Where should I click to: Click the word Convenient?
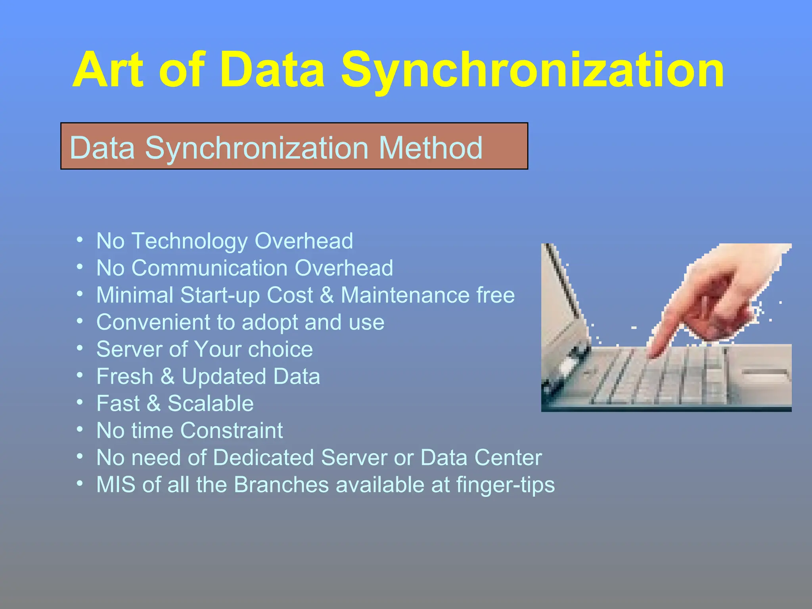(x=153, y=322)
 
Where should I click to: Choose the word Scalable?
(x=211, y=404)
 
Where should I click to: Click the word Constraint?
(x=232, y=431)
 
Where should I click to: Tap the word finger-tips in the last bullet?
(x=506, y=485)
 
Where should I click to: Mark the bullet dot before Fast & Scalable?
(x=80, y=402)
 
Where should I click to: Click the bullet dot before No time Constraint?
(x=80, y=429)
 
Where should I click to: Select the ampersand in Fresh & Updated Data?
(x=167, y=377)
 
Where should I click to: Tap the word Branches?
(x=282, y=485)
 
